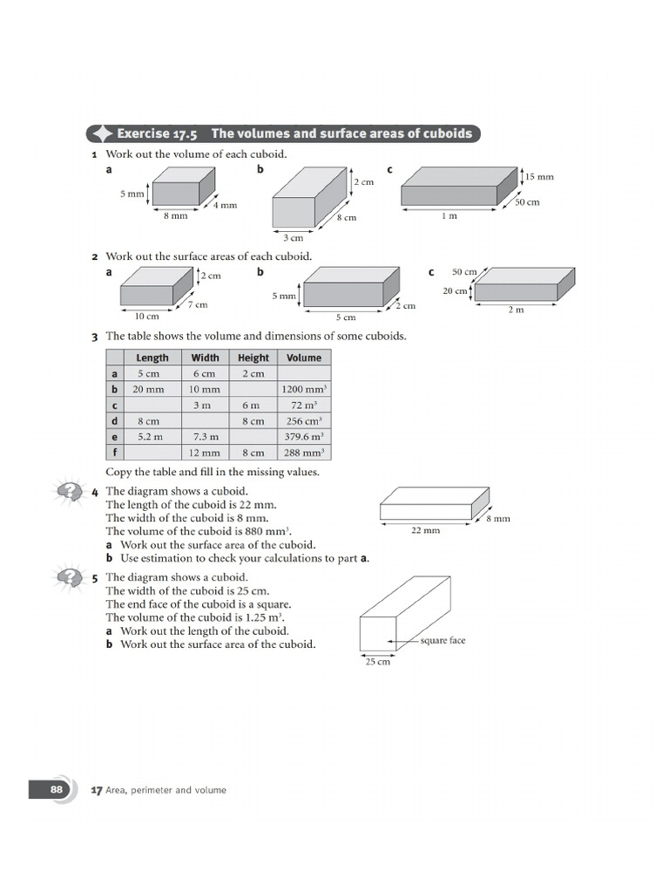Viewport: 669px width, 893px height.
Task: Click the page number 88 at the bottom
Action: (56, 789)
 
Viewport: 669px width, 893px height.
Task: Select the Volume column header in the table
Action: (304, 358)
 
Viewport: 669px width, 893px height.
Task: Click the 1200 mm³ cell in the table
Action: (304, 389)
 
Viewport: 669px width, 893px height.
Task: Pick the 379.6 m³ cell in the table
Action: (304, 436)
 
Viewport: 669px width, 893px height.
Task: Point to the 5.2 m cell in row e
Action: (152, 436)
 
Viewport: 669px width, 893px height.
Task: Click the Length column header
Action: (152, 358)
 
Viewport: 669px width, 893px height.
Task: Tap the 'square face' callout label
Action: (443, 641)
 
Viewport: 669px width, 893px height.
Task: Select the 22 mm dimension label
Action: (425, 530)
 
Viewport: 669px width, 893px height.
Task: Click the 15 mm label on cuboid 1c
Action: (539, 177)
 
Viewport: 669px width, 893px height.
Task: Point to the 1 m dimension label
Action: (448, 216)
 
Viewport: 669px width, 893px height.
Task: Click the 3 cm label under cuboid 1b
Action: (294, 237)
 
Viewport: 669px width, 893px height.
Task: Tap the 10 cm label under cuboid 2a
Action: (146, 317)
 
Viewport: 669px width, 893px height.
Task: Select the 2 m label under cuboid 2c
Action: (516, 310)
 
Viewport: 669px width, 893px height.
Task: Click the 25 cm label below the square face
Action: (378, 663)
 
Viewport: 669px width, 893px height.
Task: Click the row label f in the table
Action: (114, 452)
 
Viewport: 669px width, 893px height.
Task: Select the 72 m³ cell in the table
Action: (304, 405)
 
